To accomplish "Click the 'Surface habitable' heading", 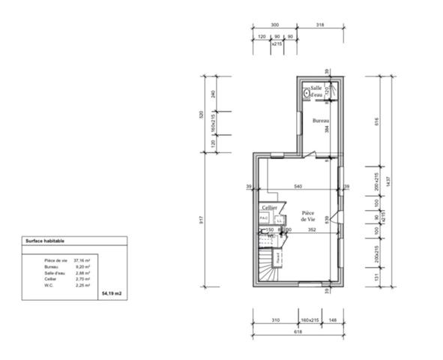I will (x=45, y=241).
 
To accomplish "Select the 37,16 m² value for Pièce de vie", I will (x=82, y=259).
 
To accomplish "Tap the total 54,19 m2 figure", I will (x=110, y=294).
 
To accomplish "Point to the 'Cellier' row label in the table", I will (x=50, y=278).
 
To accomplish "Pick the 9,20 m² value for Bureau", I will (x=82, y=266).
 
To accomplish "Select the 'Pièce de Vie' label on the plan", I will (x=308, y=216).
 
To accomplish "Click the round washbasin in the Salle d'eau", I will (x=307, y=94).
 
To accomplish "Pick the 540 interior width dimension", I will (x=298, y=185).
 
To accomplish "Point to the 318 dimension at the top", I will (x=322, y=25).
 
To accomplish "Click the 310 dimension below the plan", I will (x=275, y=320).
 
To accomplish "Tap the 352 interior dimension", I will (x=311, y=230).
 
